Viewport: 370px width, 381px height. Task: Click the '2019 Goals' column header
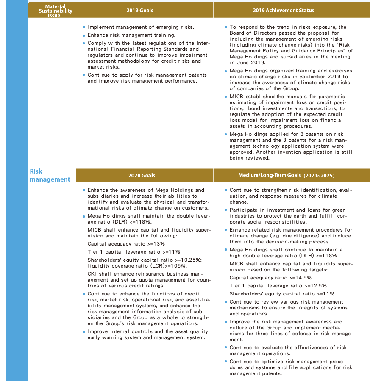click(x=140, y=10)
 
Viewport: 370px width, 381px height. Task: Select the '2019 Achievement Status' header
click(x=284, y=10)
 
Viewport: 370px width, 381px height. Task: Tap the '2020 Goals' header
click(x=142, y=175)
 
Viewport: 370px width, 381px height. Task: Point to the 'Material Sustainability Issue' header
click(x=52, y=11)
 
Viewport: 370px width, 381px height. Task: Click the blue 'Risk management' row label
click(x=50, y=175)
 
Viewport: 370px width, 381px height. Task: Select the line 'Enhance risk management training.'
click(x=131, y=35)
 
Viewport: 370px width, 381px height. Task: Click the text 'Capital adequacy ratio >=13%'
click(x=126, y=244)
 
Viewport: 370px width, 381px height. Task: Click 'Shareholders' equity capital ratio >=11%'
click(x=282, y=294)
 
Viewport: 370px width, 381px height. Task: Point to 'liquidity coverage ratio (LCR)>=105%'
click(x=137, y=265)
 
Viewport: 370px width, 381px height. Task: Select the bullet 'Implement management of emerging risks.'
click(x=141, y=27)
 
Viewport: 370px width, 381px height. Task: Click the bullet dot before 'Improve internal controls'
click(x=84, y=332)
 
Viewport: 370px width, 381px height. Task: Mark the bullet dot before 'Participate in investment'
click(x=226, y=210)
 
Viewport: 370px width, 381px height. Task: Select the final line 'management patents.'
click(x=255, y=373)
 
